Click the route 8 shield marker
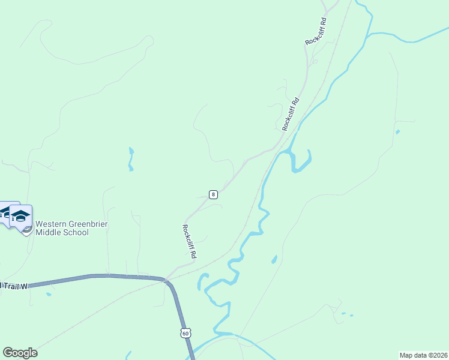213,194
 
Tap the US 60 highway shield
185,332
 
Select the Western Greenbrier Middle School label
62,228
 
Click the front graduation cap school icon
21,217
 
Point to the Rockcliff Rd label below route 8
190,241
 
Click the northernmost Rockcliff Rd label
316,31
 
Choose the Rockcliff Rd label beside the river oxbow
291,114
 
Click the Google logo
20,353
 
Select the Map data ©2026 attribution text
423,355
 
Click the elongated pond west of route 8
131,159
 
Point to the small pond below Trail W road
48,295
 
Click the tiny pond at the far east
397,131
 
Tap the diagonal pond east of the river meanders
274,259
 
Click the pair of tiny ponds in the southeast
346,314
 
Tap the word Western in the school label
50,224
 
